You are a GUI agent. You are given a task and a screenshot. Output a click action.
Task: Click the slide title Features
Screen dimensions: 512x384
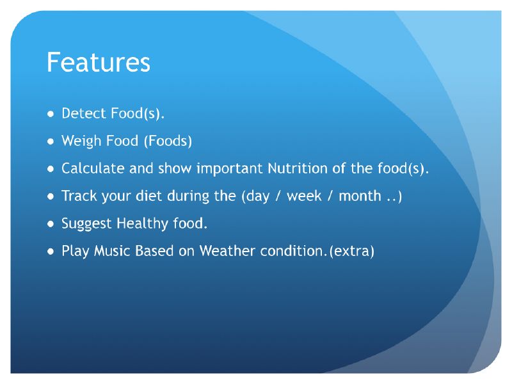click(x=99, y=62)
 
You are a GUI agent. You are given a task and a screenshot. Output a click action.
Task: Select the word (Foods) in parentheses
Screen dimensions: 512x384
click(x=168, y=141)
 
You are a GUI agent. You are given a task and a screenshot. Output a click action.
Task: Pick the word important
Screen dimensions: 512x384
click(x=229, y=169)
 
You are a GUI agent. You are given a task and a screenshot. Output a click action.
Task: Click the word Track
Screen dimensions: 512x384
click(x=79, y=196)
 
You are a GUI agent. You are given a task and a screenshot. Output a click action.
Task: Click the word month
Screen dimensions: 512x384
click(x=360, y=196)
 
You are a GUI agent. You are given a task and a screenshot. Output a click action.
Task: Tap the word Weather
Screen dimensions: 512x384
click(x=227, y=251)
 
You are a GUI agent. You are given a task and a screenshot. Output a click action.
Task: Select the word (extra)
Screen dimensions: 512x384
click(x=351, y=251)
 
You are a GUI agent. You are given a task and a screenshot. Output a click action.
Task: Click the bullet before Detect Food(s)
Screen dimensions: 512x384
click(x=51, y=114)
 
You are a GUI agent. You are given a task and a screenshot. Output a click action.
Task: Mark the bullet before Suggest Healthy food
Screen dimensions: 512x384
click(x=51, y=224)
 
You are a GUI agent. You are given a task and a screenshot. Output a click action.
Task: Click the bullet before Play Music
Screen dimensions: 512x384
click(x=51, y=252)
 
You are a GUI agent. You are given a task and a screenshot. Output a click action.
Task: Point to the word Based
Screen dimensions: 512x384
click(x=154, y=251)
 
